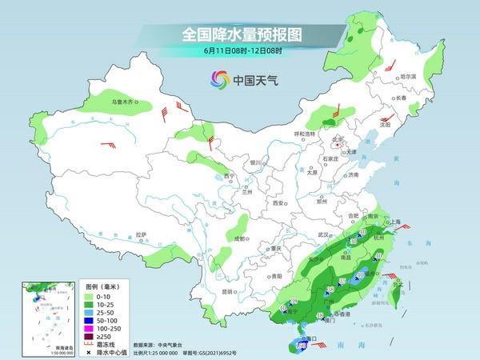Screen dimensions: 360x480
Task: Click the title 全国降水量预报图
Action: [x=239, y=34]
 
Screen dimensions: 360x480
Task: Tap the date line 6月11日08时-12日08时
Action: [x=239, y=52]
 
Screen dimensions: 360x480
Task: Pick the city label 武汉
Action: [x=323, y=234]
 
